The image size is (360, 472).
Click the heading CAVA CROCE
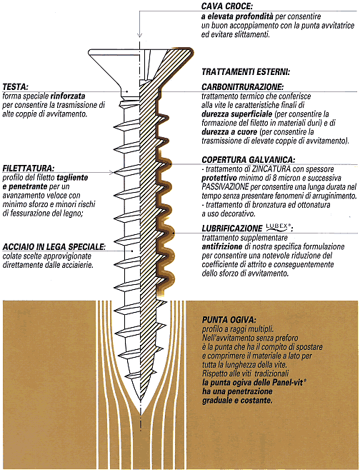pos(227,6)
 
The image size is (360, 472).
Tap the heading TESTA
pos(15,86)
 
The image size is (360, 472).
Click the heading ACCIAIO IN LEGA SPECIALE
pos(54,247)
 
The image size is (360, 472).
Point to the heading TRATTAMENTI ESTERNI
pos(246,72)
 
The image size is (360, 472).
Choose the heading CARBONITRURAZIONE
pos(243,87)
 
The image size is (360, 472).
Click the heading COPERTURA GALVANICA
pos(249,159)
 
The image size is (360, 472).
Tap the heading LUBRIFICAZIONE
pos(232,229)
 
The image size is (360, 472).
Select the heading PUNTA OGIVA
pos(229,319)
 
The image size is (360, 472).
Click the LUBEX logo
pos(279,227)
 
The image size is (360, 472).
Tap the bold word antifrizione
pos(222,246)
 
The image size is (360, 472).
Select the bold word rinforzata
pos(68,96)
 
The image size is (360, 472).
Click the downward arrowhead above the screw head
pos(140,34)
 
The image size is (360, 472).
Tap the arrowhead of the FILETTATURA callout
pos(111,173)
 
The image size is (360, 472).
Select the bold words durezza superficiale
pos(237,114)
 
